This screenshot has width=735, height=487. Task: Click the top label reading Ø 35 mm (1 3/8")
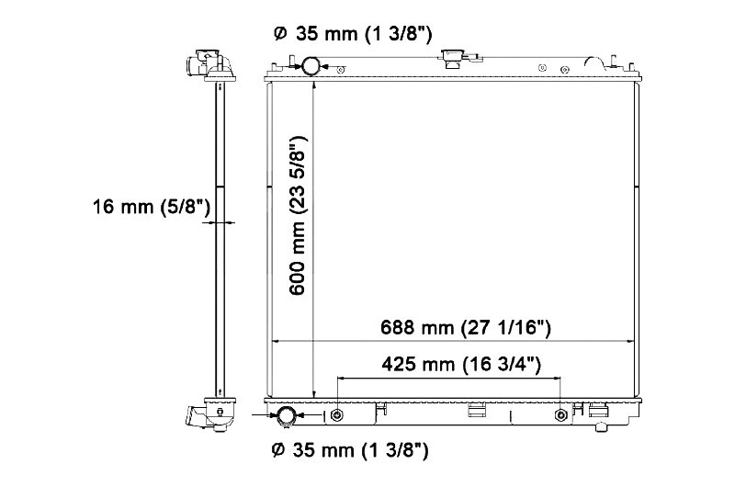coord(352,34)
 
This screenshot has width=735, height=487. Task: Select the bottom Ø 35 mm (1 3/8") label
coord(350,450)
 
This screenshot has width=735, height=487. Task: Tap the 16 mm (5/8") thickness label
coord(152,207)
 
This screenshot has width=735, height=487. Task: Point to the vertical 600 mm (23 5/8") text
coord(297,216)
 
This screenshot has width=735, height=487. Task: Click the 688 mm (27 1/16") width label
coord(466,327)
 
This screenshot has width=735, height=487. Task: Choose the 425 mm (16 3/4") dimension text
coord(461,364)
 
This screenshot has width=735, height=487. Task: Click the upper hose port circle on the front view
coord(311,65)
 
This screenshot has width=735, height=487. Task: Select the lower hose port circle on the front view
coord(286,415)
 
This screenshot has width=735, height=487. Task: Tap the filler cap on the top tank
coord(453,58)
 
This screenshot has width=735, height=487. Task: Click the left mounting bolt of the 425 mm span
coord(337,415)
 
